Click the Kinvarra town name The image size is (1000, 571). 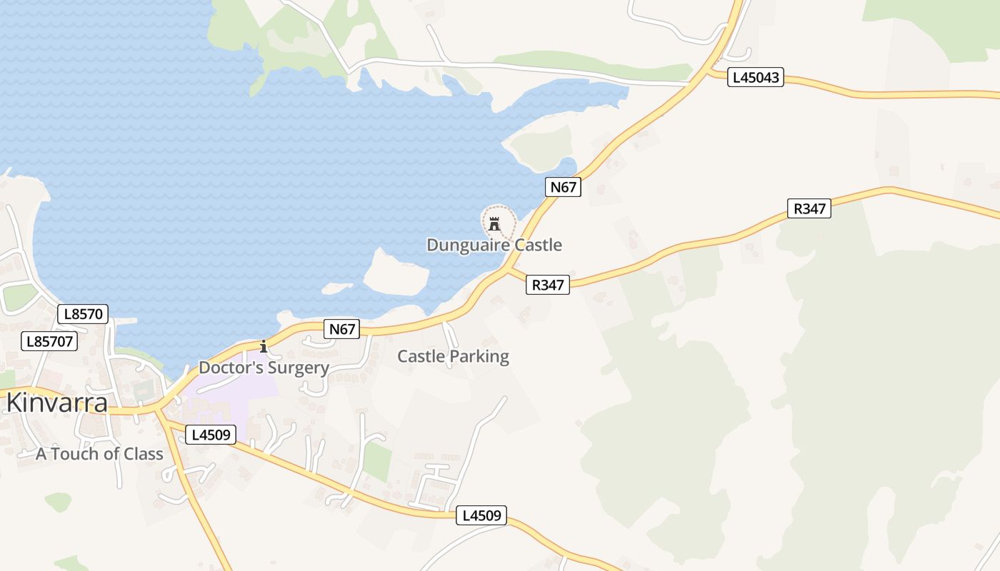click(57, 403)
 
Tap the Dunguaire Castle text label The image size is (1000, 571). click(494, 245)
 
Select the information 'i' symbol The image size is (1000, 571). click(264, 347)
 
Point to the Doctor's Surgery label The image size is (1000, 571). click(264, 368)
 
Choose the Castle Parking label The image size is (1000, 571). click(453, 356)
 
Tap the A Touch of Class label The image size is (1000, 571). click(99, 454)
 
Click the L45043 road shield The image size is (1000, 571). click(756, 77)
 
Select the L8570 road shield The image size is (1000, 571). click(83, 314)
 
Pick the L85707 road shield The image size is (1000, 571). click(49, 341)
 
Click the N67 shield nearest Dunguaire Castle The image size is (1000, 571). click(564, 187)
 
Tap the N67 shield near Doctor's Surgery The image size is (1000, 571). click(342, 329)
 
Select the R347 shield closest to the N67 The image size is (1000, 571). click(548, 285)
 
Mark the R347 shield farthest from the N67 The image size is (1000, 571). click(809, 208)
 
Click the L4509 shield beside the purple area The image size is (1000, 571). click(211, 434)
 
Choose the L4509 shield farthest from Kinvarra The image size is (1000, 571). click(481, 515)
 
